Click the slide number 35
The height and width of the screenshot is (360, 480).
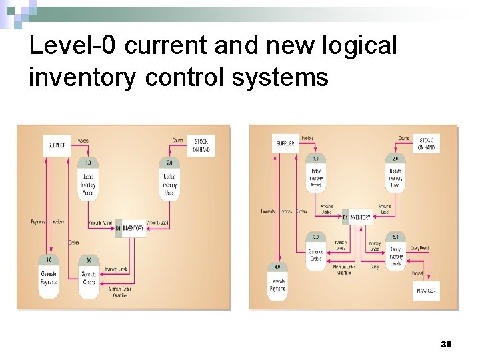[x=446, y=344]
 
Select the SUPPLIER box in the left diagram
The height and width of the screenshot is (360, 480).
[x=57, y=145]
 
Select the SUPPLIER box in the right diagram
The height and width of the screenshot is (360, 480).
[x=286, y=143]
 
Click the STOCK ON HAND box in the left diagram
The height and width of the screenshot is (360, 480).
[x=201, y=146]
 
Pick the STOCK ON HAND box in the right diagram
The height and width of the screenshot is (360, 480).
[x=426, y=143]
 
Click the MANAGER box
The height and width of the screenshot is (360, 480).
[x=426, y=291]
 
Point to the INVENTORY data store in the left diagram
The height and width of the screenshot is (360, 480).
[x=130, y=227]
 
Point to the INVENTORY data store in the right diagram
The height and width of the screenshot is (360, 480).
[x=357, y=217]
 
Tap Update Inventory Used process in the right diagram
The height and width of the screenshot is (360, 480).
[x=395, y=177]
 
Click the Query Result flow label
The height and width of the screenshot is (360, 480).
[x=419, y=248]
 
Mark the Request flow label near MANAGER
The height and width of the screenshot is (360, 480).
[x=417, y=273]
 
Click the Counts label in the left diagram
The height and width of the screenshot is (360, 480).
[x=177, y=140]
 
